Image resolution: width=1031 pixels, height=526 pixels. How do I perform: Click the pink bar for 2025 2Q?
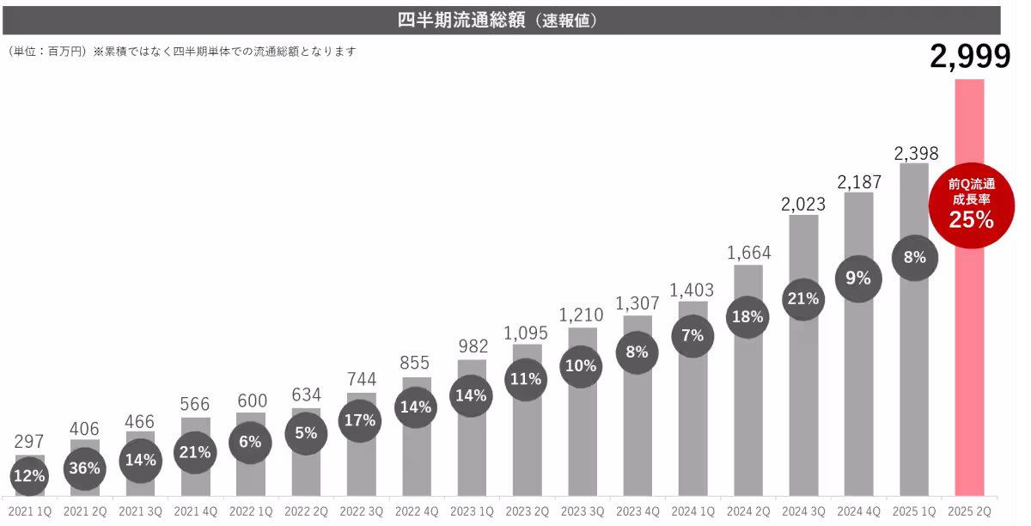pyautogui.click(x=970, y=361)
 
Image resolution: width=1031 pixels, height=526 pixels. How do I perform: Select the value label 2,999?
pyautogui.click(x=970, y=58)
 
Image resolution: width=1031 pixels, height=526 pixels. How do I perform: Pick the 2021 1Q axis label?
pyautogui.click(x=29, y=511)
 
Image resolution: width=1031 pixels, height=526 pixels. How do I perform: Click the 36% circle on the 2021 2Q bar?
pyautogui.click(x=85, y=468)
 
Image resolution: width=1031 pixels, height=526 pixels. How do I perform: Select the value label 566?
pyautogui.click(x=195, y=402)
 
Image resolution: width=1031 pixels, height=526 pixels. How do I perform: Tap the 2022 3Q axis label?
pyautogui.click(x=361, y=511)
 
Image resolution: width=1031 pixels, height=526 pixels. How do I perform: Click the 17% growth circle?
pyautogui.click(x=361, y=420)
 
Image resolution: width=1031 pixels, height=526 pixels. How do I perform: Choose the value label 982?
pyautogui.click(x=472, y=346)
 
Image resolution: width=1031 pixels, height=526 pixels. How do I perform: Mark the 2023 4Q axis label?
pyautogui.click(x=637, y=511)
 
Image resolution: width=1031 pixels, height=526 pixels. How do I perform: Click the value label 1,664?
pyautogui.click(x=748, y=253)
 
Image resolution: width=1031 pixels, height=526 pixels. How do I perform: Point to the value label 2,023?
pyautogui.click(x=803, y=205)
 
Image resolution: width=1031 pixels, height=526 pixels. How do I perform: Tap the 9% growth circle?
pyautogui.click(x=858, y=278)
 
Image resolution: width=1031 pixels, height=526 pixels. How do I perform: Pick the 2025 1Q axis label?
pyautogui.click(x=914, y=511)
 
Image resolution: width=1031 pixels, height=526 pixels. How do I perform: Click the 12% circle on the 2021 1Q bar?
pyautogui.click(x=30, y=475)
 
